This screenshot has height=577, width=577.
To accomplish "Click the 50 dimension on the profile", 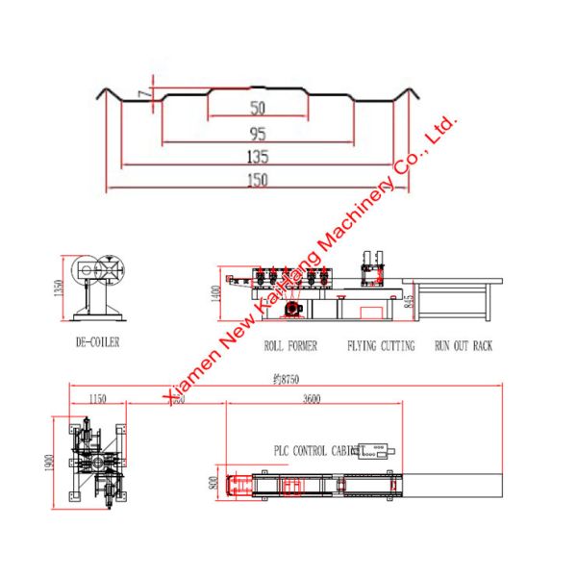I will [258, 107].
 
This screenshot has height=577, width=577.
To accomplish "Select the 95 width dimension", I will [258, 134].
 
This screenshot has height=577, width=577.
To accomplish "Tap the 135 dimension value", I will [258, 156].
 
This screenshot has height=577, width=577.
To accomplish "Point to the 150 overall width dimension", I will [258, 178].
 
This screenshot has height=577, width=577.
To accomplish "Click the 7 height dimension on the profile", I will [142, 93].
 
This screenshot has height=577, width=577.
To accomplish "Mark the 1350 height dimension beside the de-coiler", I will [59, 289].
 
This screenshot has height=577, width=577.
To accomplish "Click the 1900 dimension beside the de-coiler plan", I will [48, 462].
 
